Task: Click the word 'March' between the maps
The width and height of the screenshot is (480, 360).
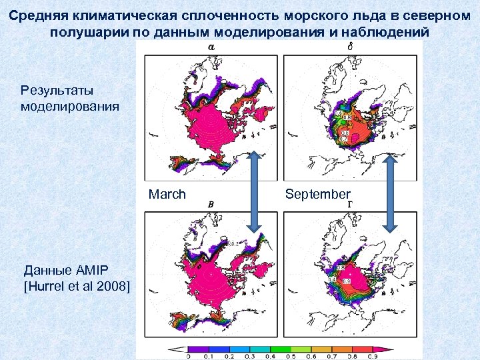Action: pos(167,195)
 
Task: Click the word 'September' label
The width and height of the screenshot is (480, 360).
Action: pos(317,194)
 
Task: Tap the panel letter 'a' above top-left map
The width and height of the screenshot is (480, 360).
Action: pos(211,46)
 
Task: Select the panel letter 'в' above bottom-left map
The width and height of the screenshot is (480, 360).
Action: pos(211,203)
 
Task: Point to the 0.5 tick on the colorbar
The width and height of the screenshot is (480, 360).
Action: pos(291,357)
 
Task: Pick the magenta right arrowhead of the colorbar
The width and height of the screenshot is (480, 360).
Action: pos(386,349)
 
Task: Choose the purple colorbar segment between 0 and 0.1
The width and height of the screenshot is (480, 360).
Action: pos(198,349)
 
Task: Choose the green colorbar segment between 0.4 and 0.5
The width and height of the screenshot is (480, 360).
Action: pos(281,349)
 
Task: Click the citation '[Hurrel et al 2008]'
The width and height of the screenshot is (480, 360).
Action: pos(77,286)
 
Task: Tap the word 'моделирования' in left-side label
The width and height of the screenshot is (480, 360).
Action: pos(70,105)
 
